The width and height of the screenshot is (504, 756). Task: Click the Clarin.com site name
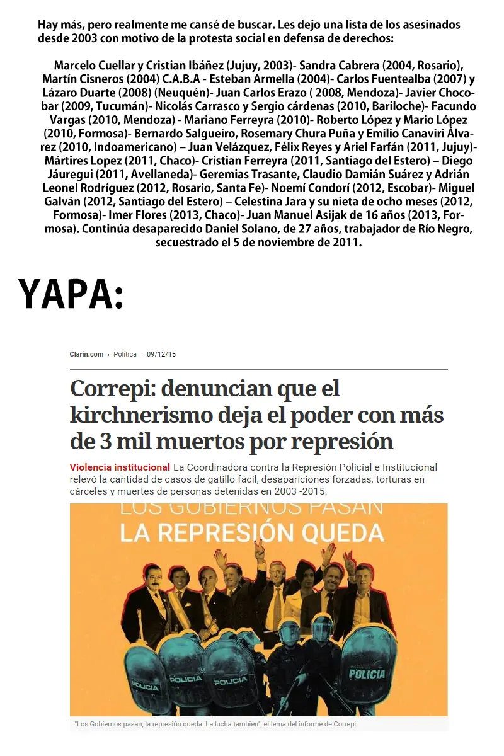[86, 355]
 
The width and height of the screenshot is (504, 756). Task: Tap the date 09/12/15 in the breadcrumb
[162, 355]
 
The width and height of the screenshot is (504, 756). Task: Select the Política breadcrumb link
[125, 355]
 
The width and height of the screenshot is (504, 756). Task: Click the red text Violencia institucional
[120, 467]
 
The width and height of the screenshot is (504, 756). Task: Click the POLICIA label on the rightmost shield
[367, 674]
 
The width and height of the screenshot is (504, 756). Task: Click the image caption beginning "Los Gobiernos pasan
[215, 724]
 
